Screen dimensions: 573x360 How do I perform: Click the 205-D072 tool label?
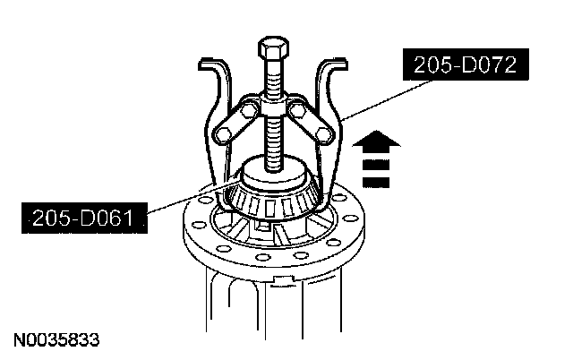tap(466, 64)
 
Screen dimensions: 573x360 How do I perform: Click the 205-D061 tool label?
tap(84, 219)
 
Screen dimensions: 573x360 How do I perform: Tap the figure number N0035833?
tap(56, 340)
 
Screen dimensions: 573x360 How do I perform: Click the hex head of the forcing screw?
tap(273, 47)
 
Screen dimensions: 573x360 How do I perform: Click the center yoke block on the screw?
tap(273, 108)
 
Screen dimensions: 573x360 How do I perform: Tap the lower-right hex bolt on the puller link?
tap(324, 134)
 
